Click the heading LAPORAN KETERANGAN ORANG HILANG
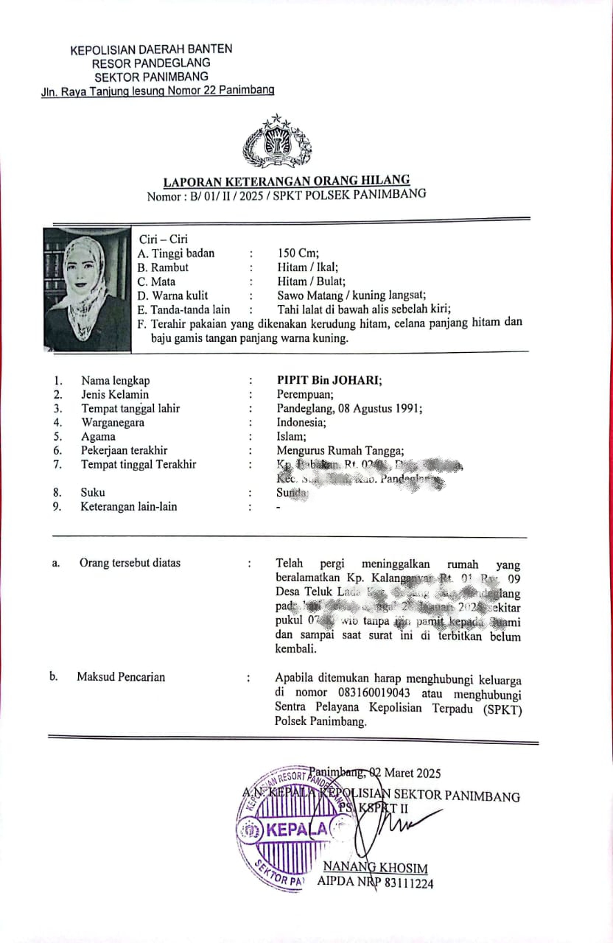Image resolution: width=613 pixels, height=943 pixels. tap(287, 181)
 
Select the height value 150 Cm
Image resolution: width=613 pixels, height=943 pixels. tap(298, 253)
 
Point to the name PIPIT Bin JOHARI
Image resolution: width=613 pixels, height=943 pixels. tap(329, 381)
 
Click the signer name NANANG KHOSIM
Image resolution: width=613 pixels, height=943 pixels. tap(376, 868)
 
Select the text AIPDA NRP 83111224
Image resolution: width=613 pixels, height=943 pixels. tap(376, 883)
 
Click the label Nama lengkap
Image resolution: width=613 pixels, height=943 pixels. tap(116, 381)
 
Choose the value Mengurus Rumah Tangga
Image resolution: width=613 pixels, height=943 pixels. tap(340, 451)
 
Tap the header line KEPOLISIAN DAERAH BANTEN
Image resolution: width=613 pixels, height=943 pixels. tap(151, 50)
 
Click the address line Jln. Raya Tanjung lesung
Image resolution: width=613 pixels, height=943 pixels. tap(158, 91)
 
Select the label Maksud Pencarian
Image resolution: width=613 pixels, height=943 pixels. tap(121, 677)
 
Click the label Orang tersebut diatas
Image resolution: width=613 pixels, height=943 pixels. tap(130, 564)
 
